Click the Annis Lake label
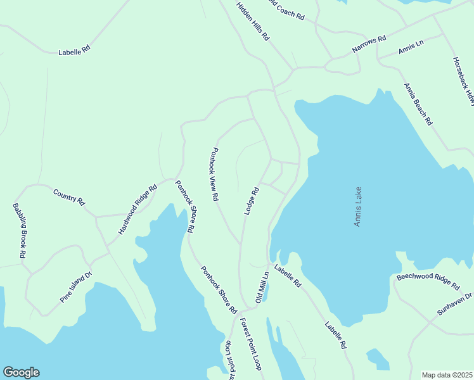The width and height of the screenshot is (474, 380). (x=358, y=206)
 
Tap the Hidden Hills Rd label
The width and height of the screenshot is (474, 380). (x=253, y=21)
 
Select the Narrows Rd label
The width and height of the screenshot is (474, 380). (x=369, y=44)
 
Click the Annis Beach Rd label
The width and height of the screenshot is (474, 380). (x=418, y=104)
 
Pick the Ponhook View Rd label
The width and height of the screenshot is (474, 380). (x=215, y=174)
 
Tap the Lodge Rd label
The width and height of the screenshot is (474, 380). (x=252, y=200)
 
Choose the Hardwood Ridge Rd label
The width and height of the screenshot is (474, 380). (x=138, y=210)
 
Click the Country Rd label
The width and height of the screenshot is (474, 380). (x=69, y=196)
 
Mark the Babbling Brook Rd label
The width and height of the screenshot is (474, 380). (x=19, y=230)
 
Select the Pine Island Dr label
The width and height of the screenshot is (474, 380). (x=77, y=287)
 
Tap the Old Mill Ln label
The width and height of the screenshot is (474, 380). (x=262, y=287)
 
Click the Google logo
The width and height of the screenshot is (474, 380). (x=21, y=372)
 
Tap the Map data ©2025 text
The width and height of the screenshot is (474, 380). (x=447, y=375)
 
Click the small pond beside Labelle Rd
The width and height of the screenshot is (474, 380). (x=378, y=359)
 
